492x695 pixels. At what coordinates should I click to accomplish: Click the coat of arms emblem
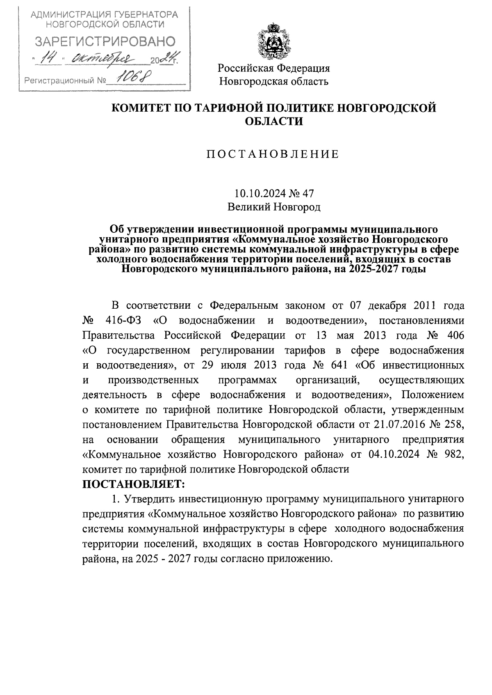pyautogui.click(x=273, y=41)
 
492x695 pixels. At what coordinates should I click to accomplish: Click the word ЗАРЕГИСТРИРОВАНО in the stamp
pyautogui.click(x=105, y=41)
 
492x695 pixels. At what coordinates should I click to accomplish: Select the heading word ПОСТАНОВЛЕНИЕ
pyautogui.click(x=273, y=154)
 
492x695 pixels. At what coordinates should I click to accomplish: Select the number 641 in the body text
pyautogui.click(x=337, y=365)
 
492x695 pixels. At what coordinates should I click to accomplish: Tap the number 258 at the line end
pyautogui.click(x=455, y=424)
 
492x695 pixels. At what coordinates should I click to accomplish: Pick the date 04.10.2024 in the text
pyautogui.click(x=396, y=454)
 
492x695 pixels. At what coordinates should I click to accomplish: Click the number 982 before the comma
pyautogui.click(x=453, y=454)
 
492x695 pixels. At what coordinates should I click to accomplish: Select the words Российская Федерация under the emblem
pyautogui.click(x=273, y=68)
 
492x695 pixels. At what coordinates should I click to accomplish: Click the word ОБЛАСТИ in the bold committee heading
pyautogui.click(x=273, y=122)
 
